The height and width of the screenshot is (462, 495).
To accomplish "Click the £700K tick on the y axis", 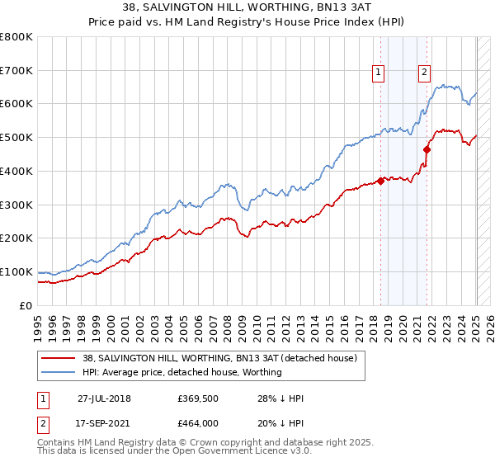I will coord(16,70).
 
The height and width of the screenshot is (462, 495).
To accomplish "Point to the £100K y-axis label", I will coord(16,271).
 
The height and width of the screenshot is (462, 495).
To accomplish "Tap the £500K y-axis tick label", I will coord(16,138).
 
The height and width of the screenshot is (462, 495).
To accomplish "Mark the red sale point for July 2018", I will coord(381,181).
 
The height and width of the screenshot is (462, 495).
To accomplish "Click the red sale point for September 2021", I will coord(427,149).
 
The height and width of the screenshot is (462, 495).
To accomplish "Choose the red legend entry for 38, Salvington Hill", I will coord(219,358).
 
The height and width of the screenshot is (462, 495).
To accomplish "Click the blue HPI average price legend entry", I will coord(181,372).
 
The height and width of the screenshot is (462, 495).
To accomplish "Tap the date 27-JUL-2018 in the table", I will coord(105,398).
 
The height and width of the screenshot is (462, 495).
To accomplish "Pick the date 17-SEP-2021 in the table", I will coord(105,423).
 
